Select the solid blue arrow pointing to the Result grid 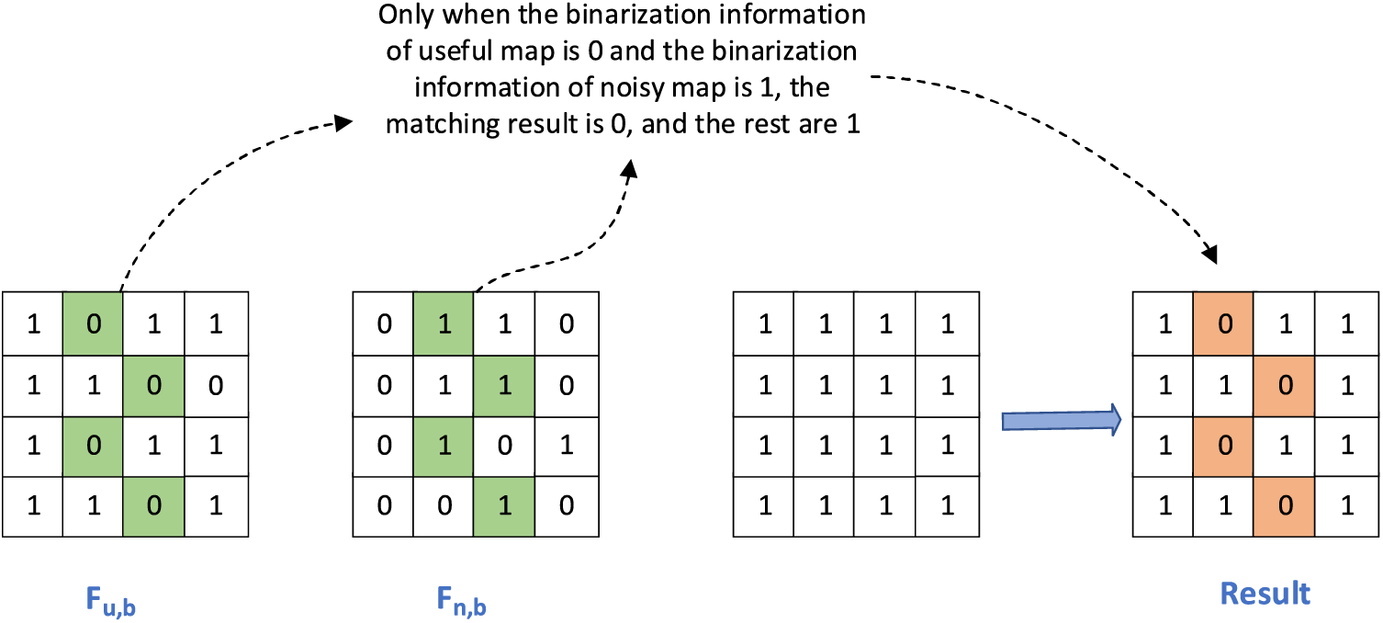(1061, 420)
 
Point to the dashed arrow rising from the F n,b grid (588, 239)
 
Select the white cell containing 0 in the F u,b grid (215, 384)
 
